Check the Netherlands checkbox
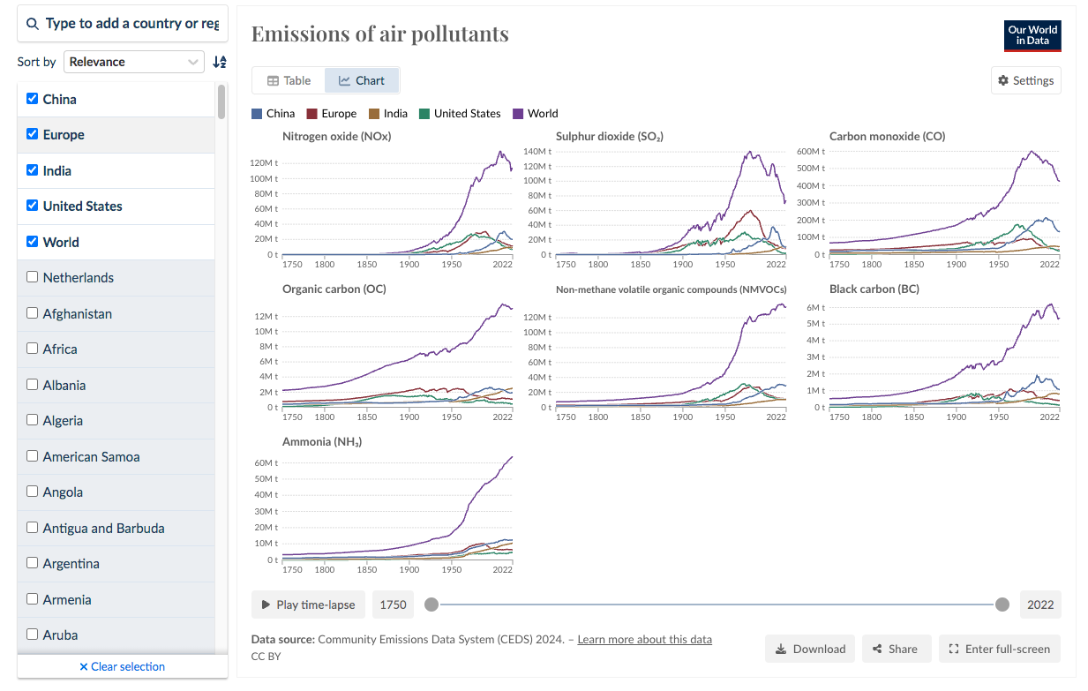coord(33,277)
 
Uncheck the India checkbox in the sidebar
coord(33,170)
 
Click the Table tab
coord(289,80)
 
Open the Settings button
coord(1025,80)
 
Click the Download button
coord(810,649)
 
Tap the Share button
coord(895,649)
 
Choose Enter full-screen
coord(999,649)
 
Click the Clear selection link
coord(122,666)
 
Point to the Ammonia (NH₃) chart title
coord(322,441)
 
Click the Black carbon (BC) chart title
coord(873,289)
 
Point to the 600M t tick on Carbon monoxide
coord(811,152)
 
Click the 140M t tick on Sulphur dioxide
coord(537,152)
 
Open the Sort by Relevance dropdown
coord(134,62)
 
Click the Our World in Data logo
coord(1032,36)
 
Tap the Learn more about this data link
coord(644,639)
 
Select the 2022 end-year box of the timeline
coord(1040,605)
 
